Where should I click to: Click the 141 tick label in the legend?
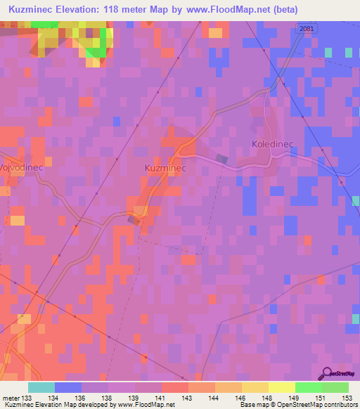click(x=160, y=398)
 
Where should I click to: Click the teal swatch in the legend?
click(x=41, y=387)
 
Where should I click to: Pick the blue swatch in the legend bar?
click(x=68, y=387)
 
